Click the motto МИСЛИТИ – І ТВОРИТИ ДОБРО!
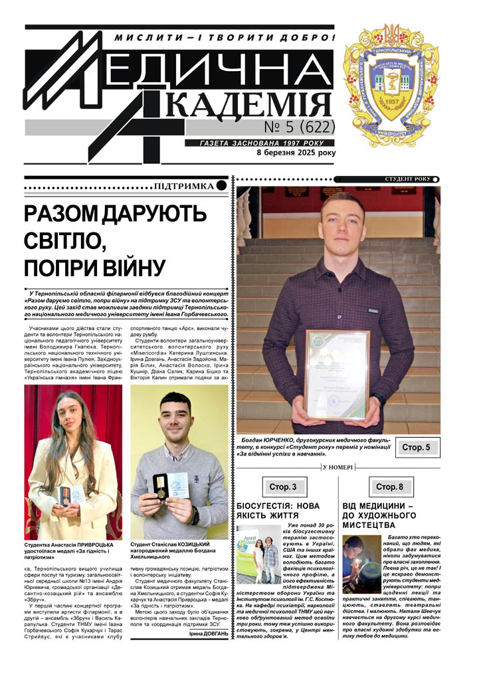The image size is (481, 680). point(225,38)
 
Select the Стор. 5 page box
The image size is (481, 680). point(416,448)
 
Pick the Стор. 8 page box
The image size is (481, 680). point(389,487)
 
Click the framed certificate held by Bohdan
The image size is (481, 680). point(336,374)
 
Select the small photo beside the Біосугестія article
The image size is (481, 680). point(258,554)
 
